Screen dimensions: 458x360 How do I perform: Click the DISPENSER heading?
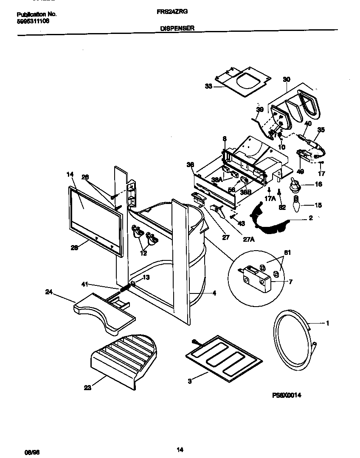tap(177, 28)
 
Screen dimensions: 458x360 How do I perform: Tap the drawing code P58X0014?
tap(287, 394)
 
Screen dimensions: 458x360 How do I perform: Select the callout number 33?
tap(208, 86)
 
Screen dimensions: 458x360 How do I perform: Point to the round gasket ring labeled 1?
tap(293, 339)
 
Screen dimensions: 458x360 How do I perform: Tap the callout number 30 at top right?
tap(287, 79)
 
